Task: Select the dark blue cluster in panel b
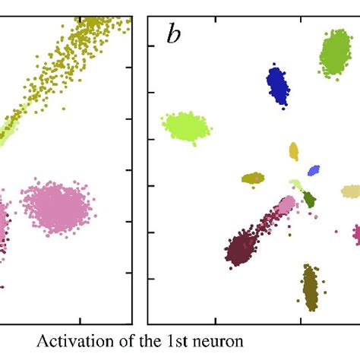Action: [279, 84]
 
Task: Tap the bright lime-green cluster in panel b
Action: [185, 125]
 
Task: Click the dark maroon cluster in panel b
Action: [243, 248]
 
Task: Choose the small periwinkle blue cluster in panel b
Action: [314, 172]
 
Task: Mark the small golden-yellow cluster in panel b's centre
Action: [294, 152]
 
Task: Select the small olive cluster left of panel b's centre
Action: [253, 178]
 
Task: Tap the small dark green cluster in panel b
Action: [309, 200]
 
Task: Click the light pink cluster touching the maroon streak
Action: [286, 204]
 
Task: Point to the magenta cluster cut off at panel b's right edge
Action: [355, 233]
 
